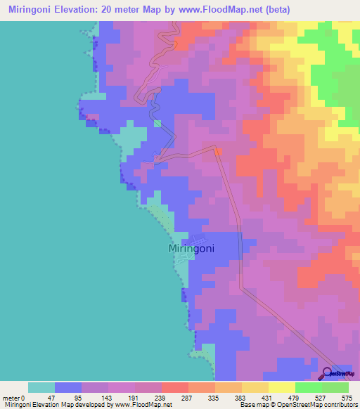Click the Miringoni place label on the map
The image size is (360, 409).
tap(191, 249)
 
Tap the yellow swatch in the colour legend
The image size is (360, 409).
tap(281, 387)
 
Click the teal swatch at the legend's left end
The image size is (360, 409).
tap(41, 387)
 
